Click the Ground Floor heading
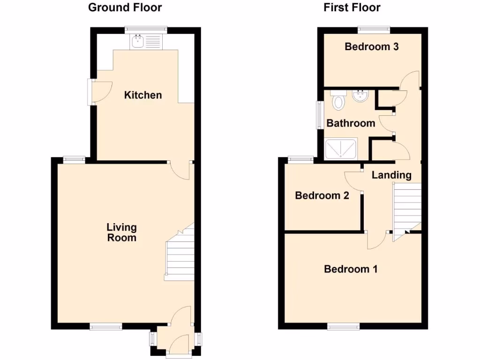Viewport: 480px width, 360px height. click(125, 7)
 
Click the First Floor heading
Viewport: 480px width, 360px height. click(352, 7)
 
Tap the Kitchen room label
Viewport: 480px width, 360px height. click(143, 95)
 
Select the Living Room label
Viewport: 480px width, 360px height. click(122, 232)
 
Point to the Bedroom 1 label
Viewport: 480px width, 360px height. click(351, 269)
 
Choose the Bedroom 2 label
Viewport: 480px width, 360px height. click(322, 195)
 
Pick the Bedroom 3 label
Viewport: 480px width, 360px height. click(372, 46)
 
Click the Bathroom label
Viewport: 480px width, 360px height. click(351, 123)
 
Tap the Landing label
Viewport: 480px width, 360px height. click(391, 175)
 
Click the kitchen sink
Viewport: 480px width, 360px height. click(138, 42)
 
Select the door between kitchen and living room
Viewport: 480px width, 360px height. click(180, 170)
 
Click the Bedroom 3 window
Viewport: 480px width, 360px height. click(374, 30)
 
